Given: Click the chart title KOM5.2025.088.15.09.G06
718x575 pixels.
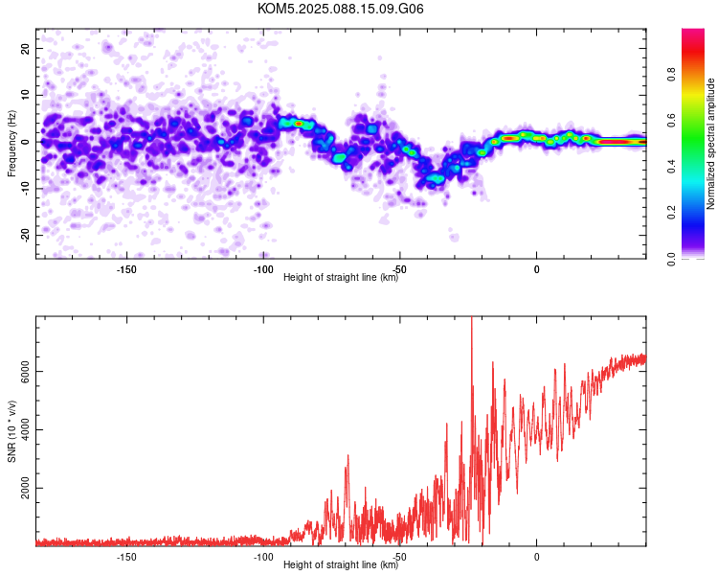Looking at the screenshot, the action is [340, 9].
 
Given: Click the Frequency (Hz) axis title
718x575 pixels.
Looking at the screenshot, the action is [11, 144].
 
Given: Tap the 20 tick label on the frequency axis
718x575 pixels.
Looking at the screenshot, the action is [26, 48].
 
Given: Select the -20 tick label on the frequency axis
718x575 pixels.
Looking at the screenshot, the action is [26, 235].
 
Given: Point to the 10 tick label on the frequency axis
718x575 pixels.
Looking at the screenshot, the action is [26, 95].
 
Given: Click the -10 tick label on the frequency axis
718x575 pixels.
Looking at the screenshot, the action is [26, 189].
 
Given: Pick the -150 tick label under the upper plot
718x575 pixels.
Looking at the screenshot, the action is [126, 269].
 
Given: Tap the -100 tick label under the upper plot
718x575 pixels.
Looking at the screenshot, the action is [263, 269].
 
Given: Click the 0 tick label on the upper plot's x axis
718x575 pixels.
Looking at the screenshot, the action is [537, 269].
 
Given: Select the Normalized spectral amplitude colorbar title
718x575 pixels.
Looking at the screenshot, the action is [710, 144].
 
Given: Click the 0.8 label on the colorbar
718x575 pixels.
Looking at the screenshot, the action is [671, 75].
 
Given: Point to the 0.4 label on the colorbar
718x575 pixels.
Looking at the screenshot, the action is [671, 167].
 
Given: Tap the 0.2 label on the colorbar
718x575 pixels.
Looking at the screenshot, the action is [671, 213].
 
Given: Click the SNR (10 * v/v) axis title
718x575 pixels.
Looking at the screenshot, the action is [11, 431].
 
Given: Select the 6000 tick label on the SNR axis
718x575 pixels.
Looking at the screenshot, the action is [26, 372].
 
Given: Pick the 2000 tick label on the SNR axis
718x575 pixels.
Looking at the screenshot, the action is [26, 488].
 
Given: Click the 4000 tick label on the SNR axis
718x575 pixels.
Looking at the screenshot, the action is [26, 429].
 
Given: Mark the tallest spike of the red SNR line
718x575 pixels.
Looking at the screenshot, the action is [472, 318].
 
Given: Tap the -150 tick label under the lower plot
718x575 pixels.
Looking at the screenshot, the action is [126, 557].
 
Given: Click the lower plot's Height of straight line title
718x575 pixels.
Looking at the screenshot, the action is [341, 564].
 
